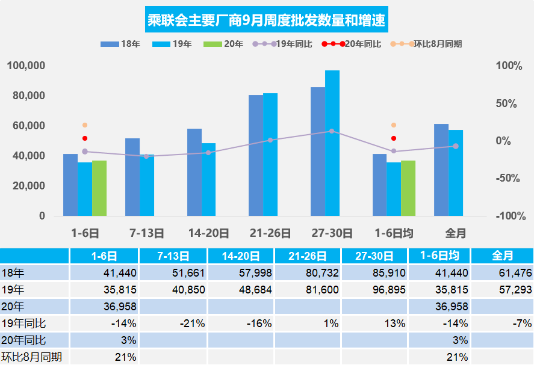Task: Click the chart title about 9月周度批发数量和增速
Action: click(x=267, y=22)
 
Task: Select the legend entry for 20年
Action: click(x=224, y=44)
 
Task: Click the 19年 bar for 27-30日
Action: click(x=332, y=143)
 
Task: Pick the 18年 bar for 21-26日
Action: click(x=256, y=155)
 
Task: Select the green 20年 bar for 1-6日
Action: click(x=99, y=188)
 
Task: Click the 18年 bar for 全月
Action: click(x=441, y=170)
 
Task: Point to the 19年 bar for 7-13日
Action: click(x=147, y=185)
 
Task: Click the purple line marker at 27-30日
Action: click(x=332, y=131)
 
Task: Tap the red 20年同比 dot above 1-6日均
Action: click(x=394, y=138)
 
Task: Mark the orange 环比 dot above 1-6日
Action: click(x=85, y=125)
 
